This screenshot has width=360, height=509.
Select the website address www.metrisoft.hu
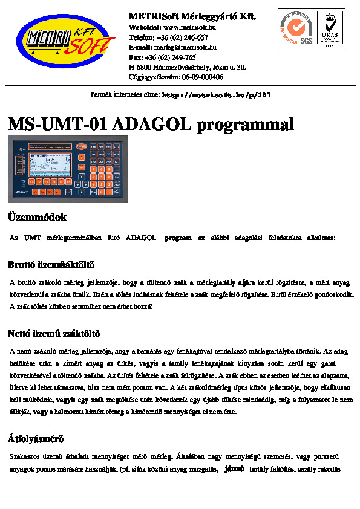[x=190, y=27]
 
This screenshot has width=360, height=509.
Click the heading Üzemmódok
[x=37, y=217]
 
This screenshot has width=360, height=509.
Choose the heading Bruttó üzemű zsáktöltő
[x=51, y=265]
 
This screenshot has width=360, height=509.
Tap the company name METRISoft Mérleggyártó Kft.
[x=192, y=16]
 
